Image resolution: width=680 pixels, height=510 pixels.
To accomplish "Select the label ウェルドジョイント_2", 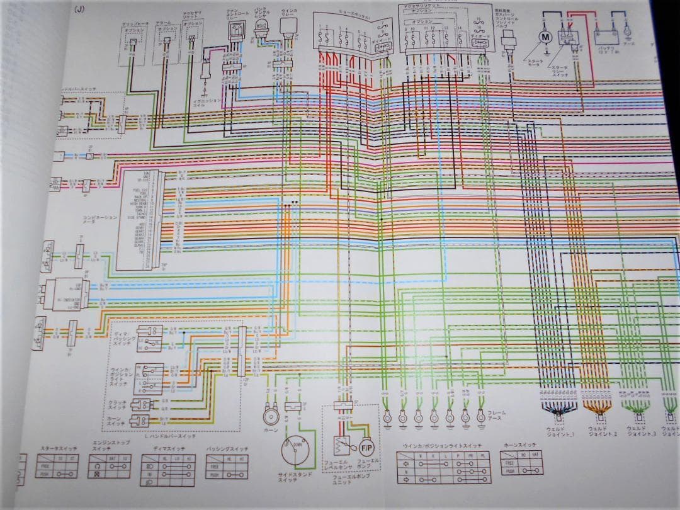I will [x=602, y=432].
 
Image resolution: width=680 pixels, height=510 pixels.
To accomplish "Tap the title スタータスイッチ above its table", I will [x=57, y=449].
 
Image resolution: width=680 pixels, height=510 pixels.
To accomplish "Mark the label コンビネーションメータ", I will [x=99, y=220].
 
